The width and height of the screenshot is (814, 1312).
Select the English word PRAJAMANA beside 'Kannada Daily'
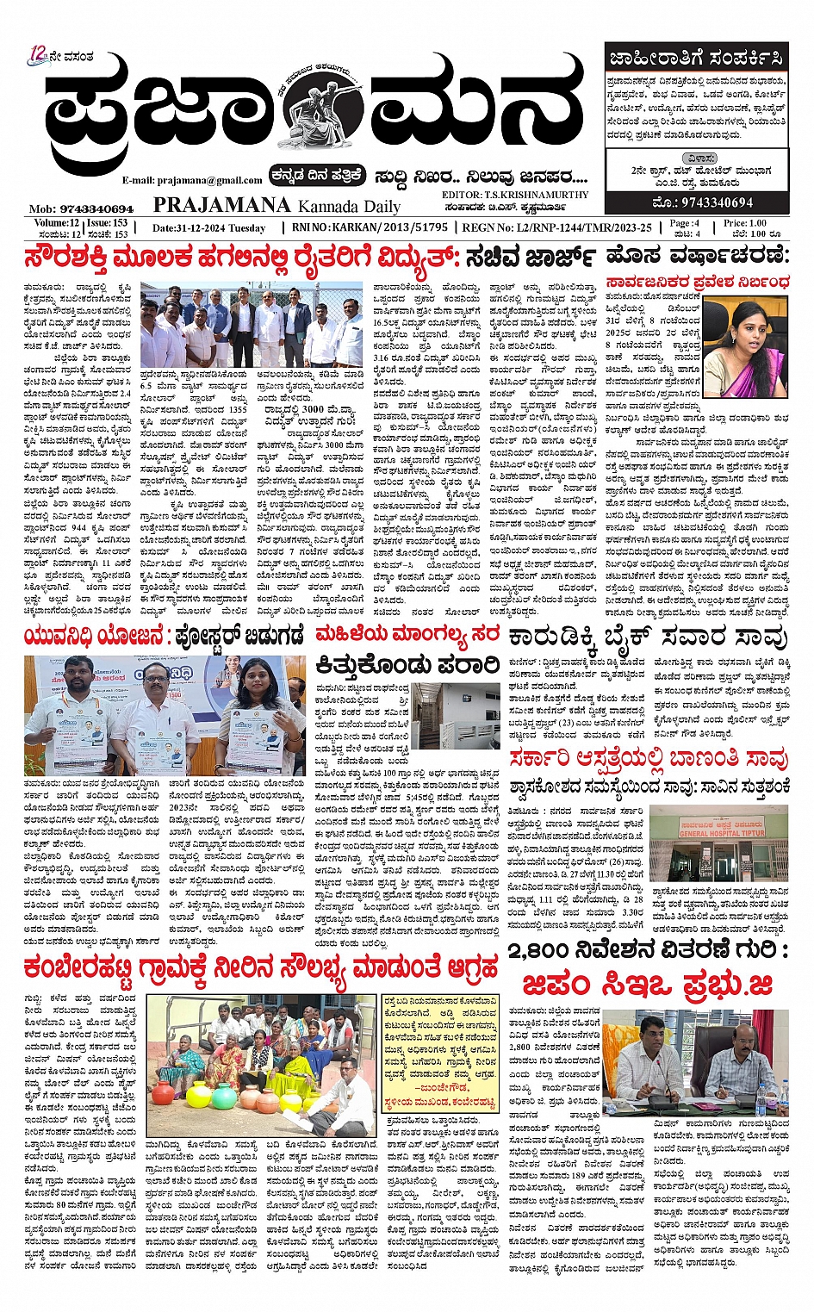[x=221, y=205]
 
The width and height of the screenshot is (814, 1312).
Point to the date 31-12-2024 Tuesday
[x=208, y=228]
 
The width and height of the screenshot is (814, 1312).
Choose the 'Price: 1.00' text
[x=745, y=223]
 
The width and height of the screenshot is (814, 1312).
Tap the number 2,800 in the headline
[x=550, y=950]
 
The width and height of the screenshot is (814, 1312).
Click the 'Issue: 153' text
[x=109, y=223]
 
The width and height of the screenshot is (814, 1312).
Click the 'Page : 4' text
[x=685, y=223]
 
